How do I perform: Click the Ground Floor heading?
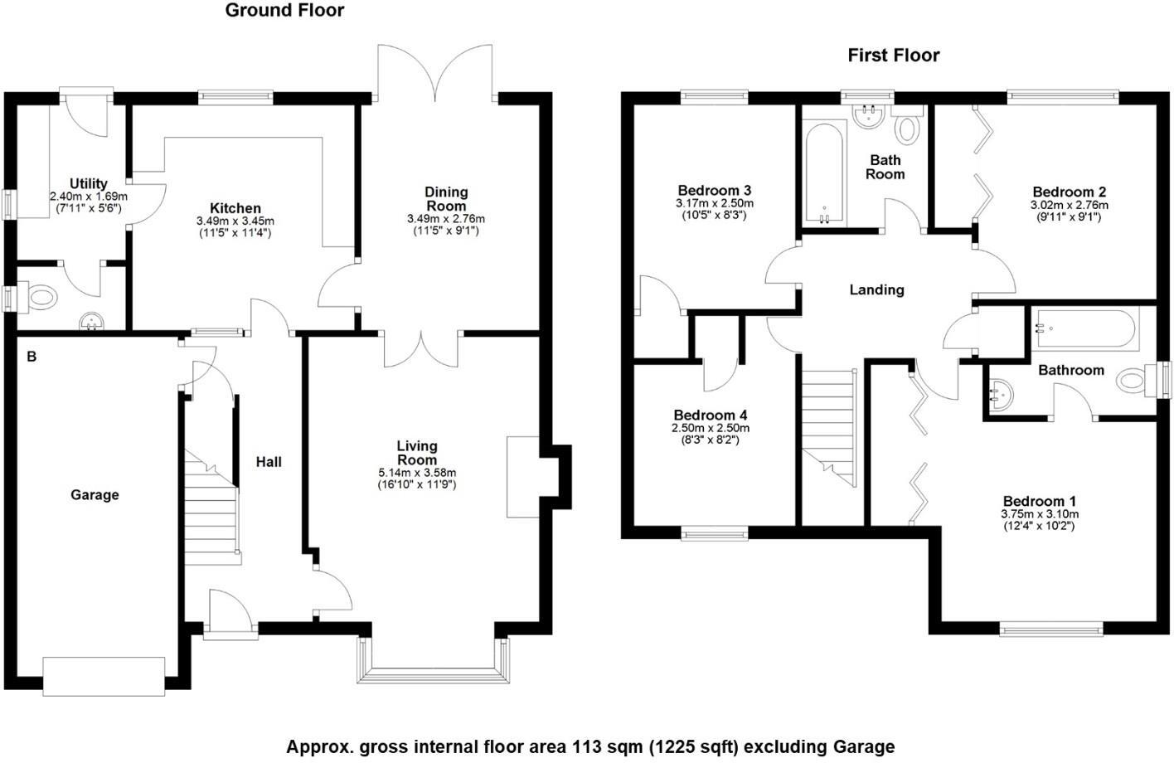[284, 11]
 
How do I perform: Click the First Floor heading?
[893, 56]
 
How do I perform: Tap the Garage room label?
[95, 495]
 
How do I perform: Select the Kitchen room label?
[235, 208]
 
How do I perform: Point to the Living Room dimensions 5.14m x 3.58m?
[416, 473]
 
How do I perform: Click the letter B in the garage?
[32, 357]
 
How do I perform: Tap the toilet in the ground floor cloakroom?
[41, 297]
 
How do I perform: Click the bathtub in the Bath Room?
[824, 173]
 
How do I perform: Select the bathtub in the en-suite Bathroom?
[1084, 329]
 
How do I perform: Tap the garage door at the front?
[104, 676]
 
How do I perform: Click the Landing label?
[876, 290]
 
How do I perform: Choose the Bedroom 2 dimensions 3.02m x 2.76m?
[1069, 205]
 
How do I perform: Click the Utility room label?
[88, 184]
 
